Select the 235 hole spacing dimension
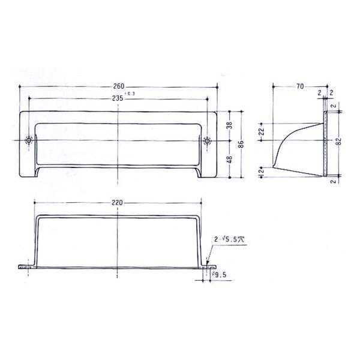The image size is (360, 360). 118,98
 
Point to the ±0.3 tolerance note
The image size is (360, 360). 131,94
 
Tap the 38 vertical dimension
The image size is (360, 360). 230,126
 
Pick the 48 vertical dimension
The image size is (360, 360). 230,160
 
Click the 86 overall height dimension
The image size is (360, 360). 241,145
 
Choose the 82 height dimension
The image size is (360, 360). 340,140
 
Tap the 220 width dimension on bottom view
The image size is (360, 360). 118,203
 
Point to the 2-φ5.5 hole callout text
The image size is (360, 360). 230,239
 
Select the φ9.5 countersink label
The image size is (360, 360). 220,275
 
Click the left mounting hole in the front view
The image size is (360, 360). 29,140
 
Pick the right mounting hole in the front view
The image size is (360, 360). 207,140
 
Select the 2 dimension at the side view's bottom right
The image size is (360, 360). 340,181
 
